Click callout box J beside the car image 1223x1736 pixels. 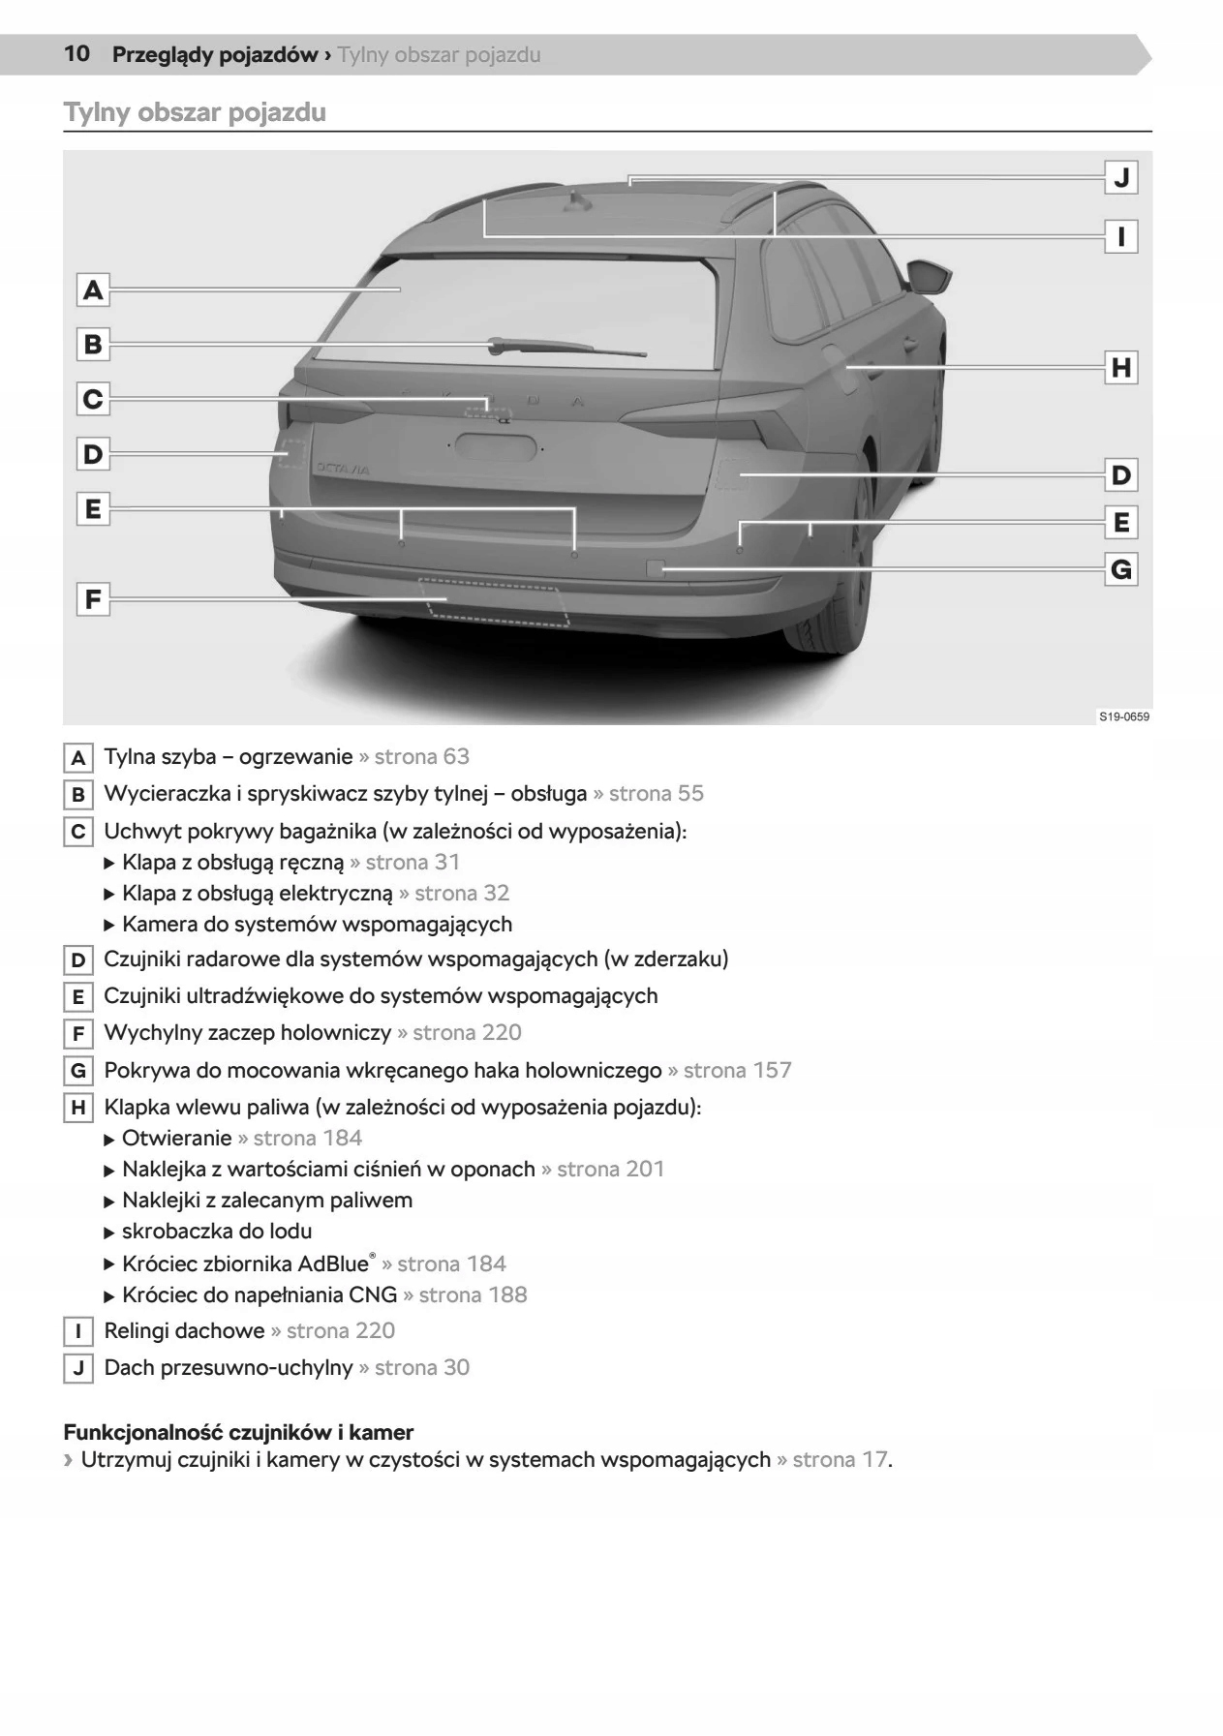(1121, 177)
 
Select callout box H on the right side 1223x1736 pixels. (1121, 367)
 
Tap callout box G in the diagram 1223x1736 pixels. (1121, 569)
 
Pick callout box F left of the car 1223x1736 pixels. (93, 599)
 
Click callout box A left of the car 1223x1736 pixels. (93, 289)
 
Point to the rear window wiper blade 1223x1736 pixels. (566, 348)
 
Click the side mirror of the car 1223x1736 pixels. (933, 276)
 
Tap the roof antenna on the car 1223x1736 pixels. (579, 200)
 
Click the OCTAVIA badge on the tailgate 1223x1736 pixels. (343, 469)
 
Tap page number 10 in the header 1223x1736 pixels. (76, 54)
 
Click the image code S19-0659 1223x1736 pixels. (1123, 716)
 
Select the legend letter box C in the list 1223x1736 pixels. (78, 832)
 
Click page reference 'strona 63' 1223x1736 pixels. (421, 756)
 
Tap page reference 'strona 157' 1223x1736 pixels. (737, 1070)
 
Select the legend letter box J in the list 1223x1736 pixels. (78, 1368)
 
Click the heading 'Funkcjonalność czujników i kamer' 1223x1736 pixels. (238, 1432)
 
